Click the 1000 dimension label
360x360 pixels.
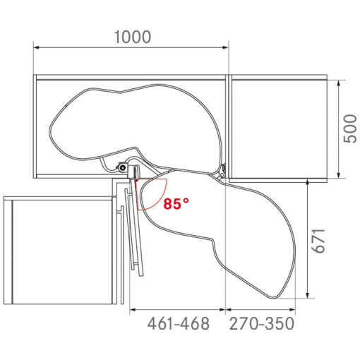coord(133,37)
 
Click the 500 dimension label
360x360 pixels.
coord(350,128)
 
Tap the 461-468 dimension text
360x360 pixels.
coord(178,323)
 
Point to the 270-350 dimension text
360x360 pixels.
coord(262,323)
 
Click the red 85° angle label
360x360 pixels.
coord(176,204)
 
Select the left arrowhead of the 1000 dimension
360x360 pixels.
coord(36,47)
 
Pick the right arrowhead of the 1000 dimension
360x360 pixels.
coord(225,47)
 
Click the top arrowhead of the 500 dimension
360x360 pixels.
coord(339,83)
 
